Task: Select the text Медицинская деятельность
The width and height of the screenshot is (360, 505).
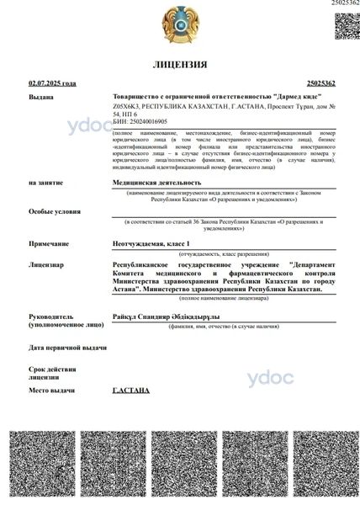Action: click(157, 182)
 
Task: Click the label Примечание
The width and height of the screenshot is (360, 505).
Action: click(48, 243)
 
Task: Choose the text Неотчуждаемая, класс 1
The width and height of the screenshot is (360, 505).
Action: click(156, 243)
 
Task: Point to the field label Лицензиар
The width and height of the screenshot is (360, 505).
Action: click(46, 264)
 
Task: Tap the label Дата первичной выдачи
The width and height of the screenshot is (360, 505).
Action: click(67, 348)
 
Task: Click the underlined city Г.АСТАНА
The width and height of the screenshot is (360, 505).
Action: click(131, 391)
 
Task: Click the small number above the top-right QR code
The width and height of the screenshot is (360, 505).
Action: click(345, 4)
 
